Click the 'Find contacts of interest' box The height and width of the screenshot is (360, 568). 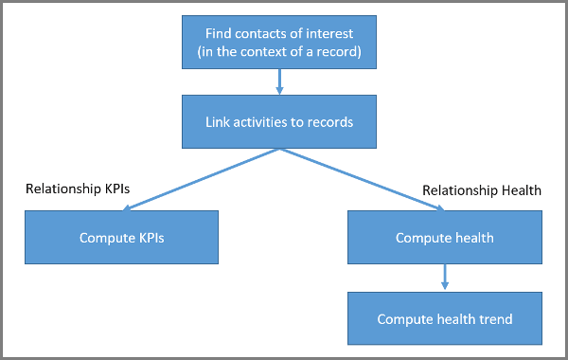278,43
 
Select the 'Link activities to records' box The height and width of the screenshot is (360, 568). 278,122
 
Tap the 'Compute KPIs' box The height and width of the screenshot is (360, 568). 122,238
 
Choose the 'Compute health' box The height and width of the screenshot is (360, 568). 445,238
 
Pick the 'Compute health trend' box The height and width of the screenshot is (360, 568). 445,319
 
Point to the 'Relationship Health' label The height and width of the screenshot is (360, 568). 481,190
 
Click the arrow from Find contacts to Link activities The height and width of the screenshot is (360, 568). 278,81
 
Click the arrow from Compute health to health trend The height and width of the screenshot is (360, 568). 445,277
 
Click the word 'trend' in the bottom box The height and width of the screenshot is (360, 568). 494,319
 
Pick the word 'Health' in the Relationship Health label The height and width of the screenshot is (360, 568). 520,190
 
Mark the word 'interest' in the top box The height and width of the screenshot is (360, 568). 333,34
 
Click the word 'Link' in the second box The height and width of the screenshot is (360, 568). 219,122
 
